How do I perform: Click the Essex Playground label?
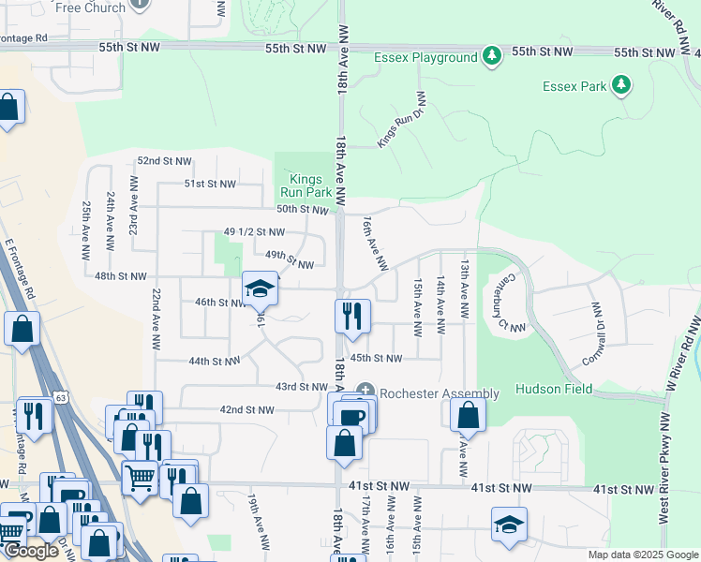(x=425, y=58)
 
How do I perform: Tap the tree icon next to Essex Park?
(x=620, y=86)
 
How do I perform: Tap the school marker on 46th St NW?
(x=261, y=290)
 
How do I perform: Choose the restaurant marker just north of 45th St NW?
(x=353, y=316)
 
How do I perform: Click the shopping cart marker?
(x=140, y=478)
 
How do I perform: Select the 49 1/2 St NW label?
(x=254, y=231)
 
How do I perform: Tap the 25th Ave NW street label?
(x=86, y=229)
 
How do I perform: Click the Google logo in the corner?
(x=31, y=551)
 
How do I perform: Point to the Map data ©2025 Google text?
(x=642, y=555)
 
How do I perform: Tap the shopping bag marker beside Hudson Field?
(x=468, y=415)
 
